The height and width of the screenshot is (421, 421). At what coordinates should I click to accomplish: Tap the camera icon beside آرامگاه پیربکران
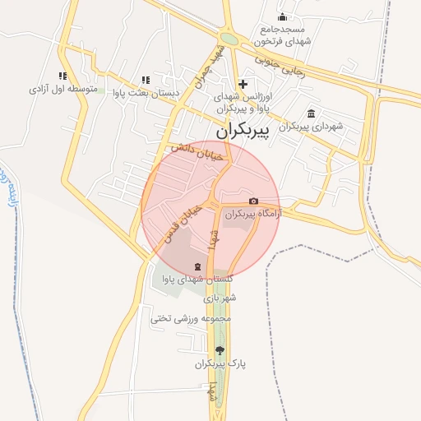[253, 201]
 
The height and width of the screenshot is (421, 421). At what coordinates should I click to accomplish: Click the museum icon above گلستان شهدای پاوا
[197, 266]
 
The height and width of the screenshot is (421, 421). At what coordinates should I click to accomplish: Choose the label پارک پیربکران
[221, 363]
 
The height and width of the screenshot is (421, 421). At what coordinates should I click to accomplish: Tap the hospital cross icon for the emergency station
[243, 84]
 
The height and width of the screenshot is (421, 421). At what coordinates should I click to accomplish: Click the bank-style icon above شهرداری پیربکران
[311, 113]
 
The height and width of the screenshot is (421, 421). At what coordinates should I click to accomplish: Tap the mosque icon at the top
[283, 17]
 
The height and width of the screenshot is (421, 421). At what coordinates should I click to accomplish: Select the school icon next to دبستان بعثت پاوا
[146, 80]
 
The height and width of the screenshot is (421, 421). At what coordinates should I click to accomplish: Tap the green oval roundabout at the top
[229, 39]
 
